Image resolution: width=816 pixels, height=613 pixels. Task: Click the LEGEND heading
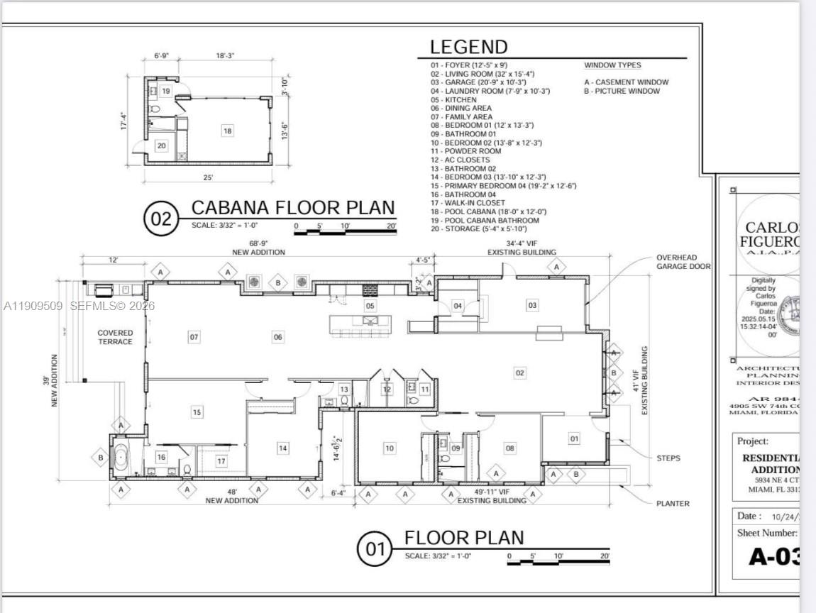tap(468, 48)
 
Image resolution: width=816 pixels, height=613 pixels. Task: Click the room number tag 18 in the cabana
tap(227, 131)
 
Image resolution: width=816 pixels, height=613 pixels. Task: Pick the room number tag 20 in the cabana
tap(161, 145)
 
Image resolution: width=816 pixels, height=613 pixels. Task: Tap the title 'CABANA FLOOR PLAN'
tap(293, 208)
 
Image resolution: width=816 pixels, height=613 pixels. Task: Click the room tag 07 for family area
tap(194, 337)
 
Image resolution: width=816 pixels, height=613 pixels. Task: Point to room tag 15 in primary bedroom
tap(197, 412)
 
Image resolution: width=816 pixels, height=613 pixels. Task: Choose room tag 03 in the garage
tap(531, 305)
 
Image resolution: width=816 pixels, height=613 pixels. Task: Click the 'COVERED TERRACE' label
tap(115, 337)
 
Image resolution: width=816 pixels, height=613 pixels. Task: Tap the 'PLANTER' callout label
tap(672, 504)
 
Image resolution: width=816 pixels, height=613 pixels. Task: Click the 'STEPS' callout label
tap(668, 458)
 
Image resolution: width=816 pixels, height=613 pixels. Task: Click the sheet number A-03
tap(774, 556)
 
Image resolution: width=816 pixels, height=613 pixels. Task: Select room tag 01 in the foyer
tap(574, 438)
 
